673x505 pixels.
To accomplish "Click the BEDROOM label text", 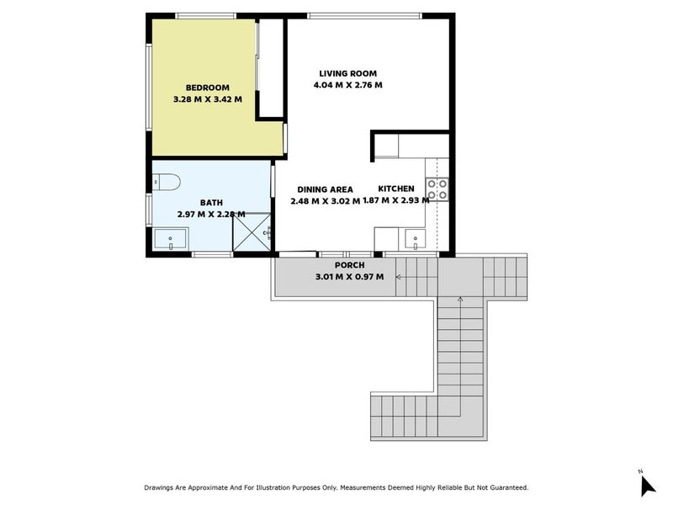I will tap(207, 87).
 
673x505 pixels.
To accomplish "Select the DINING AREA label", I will tap(325, 189).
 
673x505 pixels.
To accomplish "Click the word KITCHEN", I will tap(395, 189).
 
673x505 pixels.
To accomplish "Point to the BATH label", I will tap(211, 203).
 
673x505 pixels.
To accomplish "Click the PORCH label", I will tap(349, 265).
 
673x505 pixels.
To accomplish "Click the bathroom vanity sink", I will tap(171, 240).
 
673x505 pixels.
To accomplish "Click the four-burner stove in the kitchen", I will tap(437, 189).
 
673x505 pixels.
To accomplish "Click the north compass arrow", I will tap(646, 486).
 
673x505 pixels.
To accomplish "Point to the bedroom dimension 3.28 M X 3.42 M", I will tap(207, 98).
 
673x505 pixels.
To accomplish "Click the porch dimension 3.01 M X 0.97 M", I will tap(349, 277).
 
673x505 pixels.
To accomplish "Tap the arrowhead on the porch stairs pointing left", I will tap(399, 276).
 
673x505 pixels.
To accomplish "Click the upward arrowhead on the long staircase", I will tap(460, 298).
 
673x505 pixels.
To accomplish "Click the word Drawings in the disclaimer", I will tap(162, 487).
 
